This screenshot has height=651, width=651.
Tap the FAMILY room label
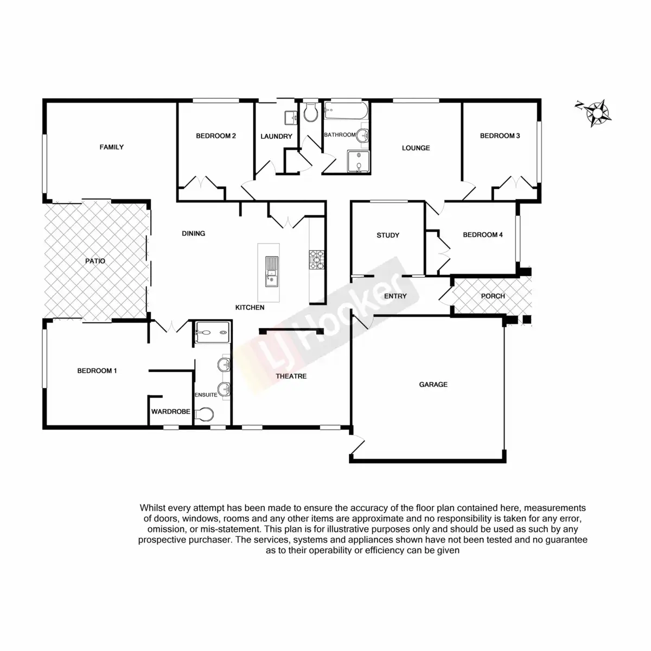112,147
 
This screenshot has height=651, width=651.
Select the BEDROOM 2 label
216,136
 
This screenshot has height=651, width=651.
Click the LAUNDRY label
276,137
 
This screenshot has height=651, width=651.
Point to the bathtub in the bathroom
346,112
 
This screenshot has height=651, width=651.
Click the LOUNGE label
416,148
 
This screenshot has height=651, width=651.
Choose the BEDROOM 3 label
500,136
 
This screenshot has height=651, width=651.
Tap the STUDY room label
388,235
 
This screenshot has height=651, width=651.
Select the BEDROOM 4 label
483,235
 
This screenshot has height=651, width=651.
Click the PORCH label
493,296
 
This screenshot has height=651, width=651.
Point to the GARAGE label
433,385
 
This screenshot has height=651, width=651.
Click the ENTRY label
395,296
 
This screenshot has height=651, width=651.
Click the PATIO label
95,261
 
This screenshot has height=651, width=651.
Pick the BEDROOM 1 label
97,371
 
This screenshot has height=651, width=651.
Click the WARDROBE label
171,412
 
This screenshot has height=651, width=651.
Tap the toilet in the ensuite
205,414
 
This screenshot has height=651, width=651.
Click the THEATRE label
291,376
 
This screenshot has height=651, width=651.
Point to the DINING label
194,234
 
